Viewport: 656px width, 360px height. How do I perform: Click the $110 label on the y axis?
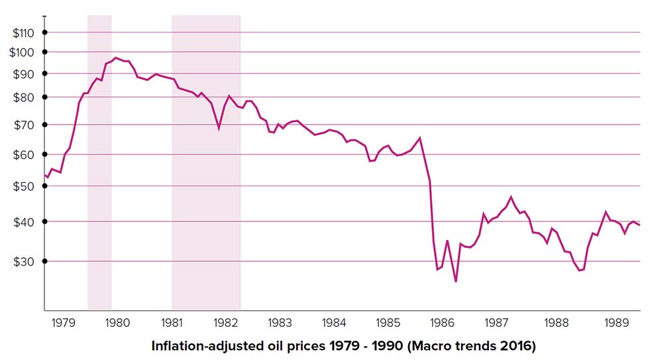(22, 32)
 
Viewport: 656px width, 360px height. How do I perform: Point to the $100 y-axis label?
(22, 52)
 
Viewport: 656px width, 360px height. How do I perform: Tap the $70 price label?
(25, 125)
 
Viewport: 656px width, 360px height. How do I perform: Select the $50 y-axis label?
(25, 186)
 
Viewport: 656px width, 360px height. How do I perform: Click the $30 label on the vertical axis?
(25, 261)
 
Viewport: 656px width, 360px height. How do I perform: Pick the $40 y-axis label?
(25, 221)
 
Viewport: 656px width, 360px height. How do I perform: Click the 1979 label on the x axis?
(63, 323)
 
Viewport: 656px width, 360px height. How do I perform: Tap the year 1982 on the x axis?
(226, 323)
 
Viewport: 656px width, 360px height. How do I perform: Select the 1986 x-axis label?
(442, 323)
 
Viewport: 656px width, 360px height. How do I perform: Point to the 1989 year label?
(616, 323)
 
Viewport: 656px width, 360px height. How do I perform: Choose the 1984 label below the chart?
(334, 323)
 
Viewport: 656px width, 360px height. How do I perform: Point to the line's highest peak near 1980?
(116, 58)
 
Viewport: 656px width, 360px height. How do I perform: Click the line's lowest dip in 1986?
(456, 282)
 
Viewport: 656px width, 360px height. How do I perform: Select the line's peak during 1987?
(511, 197)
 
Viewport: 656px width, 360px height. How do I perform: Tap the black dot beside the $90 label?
(44, 73)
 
